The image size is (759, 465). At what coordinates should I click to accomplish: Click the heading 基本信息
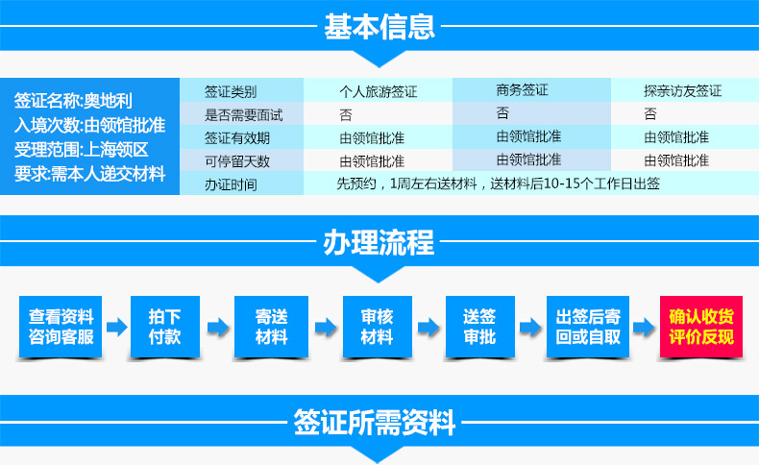pos(379,27)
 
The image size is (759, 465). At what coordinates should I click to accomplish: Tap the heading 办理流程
pos(379,242)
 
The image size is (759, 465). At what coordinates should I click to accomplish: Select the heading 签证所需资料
pos(374,423)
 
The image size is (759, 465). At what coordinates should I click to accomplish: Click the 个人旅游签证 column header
pos(378,91)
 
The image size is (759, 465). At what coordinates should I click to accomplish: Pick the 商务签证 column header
pos(522,90)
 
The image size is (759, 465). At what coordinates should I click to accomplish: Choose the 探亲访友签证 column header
pos(682,90)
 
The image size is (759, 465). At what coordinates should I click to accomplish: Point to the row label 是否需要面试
pos(243,115)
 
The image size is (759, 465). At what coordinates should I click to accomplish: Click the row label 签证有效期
pos(236,138)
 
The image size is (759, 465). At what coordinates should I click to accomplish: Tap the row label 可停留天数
pos(236,161)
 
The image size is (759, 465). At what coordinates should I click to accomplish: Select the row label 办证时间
pos(231,184)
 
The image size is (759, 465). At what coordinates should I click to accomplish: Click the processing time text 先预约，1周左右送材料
pos(407,184)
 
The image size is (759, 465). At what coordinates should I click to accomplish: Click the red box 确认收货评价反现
pos(701,327)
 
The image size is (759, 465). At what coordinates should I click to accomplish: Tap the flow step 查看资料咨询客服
pos(61,327)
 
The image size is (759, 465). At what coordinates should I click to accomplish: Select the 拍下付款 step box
pos(165,327)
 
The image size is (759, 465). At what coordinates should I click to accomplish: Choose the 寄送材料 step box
pos(271,327)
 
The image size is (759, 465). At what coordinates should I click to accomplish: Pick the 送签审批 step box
pos(479,327)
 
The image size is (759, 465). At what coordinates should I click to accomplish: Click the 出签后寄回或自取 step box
pos(588,327)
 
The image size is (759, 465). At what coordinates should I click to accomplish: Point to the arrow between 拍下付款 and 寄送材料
pos(218,328)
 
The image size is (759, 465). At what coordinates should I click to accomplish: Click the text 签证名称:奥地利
pos(73,101)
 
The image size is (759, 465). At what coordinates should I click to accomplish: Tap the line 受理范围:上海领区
pos(81,150)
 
